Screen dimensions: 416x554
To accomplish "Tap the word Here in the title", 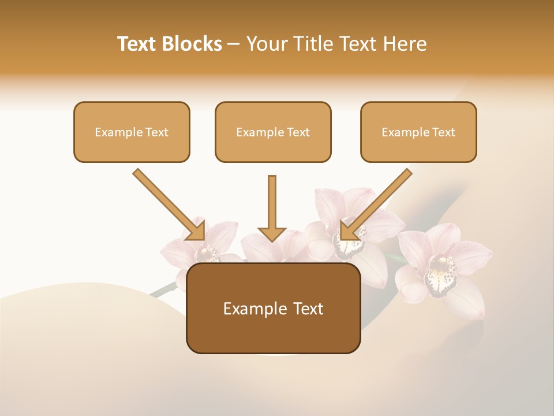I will (x=404, y=44).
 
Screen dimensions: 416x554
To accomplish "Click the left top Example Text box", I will (x=132, y=132).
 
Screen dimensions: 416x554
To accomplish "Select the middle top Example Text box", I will (x=273, y=132).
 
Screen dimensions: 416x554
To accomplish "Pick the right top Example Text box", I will (x=418, y=132).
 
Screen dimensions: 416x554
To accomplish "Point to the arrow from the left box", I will (x=167, y=203).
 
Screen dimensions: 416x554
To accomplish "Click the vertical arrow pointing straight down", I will (x=272, y=205).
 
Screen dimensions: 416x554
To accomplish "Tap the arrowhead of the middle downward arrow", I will (x=272, y=233).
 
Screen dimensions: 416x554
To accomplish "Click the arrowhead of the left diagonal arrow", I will (x=197, y=232).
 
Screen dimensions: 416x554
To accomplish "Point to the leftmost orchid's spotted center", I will (x=207, y=254).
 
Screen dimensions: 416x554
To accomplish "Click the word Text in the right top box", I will (x=443, y=132).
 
